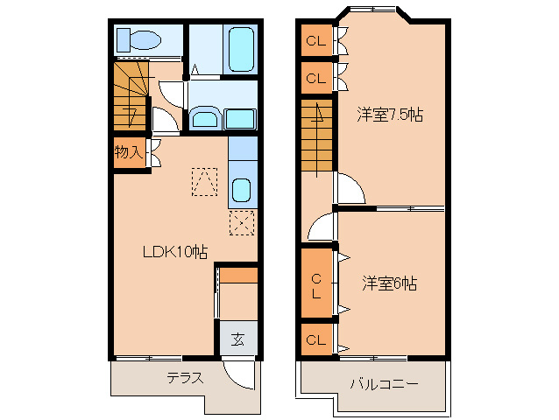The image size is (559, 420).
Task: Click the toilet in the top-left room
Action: (x=140, y=39)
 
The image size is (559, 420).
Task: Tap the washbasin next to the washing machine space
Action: (x=206, y=118)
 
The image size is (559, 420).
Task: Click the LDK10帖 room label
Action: (x=175, y=252)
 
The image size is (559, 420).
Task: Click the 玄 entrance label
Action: (x=237, y=340)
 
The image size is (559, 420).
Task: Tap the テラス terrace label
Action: (x=185, y=379)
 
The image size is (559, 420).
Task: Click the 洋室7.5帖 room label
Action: (x=390, y=115)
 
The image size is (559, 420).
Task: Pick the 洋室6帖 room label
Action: (x=390, y=283)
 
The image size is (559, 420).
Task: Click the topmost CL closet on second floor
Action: (x=315, y=41)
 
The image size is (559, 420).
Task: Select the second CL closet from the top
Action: (x=315, y=78)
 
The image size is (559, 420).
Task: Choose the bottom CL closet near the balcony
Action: (x=315, y=339)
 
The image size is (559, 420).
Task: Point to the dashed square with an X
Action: (x=242, y=222)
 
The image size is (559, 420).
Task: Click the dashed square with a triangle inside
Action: (x=205, y=182)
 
